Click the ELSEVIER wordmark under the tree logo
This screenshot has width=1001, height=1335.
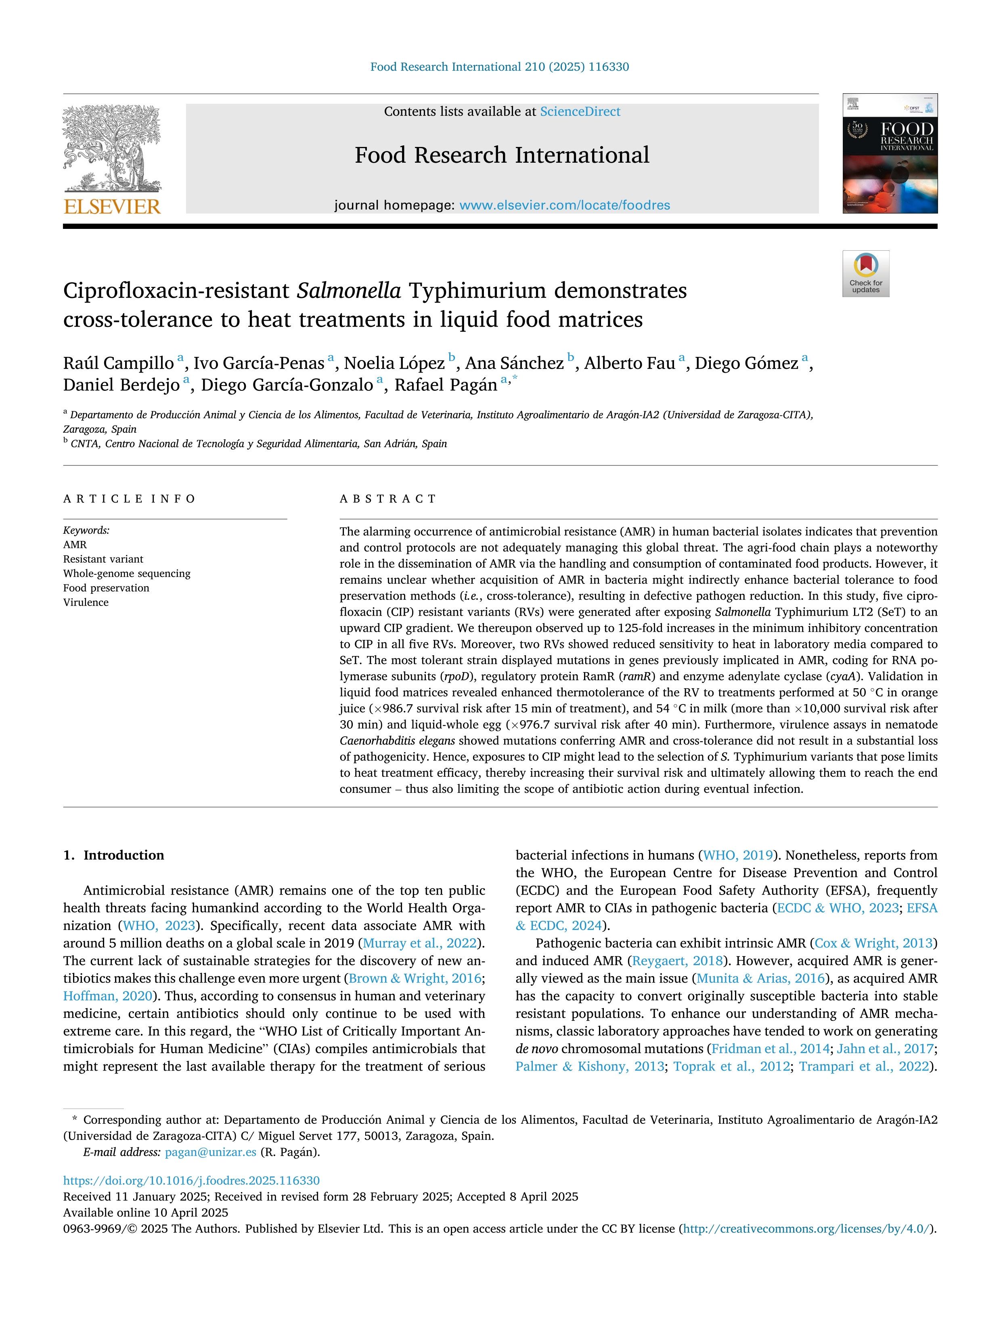pyautogui.click(x=112, y=207)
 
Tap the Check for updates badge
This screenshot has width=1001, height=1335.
pyautogui.click(x=865, y=273)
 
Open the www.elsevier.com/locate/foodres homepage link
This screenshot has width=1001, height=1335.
pyautogui.click(x=564, y=205)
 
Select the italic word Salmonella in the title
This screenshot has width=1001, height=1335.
pyautogui.click(x=349, y=291)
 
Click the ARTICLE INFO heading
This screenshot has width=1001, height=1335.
pyautogui.click(x=129, y=499)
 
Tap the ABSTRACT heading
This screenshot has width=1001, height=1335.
pyautogui.click(x=387, y=499)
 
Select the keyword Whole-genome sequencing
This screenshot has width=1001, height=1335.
pyautogui.click(x=127, y=573)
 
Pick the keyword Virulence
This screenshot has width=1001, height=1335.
pyautogui.click(x=86, y=602)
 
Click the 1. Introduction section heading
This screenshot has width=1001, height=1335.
pyautogui.click(x=113, y=855)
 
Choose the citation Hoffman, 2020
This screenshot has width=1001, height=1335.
pyautogui.click(x=107, y=996)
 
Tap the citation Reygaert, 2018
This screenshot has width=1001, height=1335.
pyautogui.click(x=677, y=960)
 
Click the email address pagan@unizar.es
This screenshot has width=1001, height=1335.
pyautogui.click(x=211, y=1152)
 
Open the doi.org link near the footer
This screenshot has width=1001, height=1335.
pyautogui.click(x=191, y=1180)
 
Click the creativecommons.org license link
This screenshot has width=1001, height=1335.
pyautogui.click(x=807, y=1229)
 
